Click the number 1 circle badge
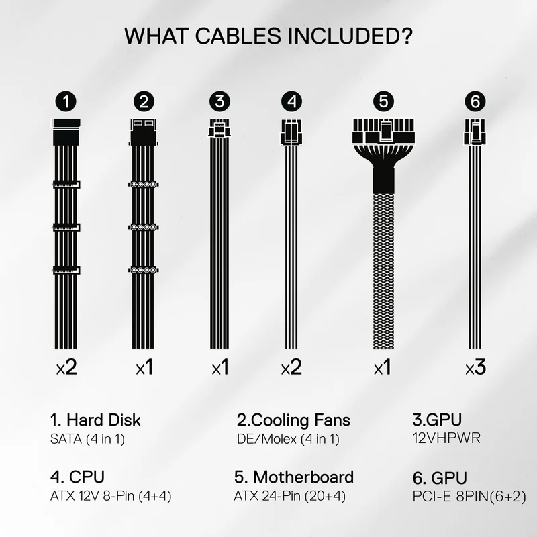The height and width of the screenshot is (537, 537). pos(66,101)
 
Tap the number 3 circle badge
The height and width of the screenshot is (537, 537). pos(219,101)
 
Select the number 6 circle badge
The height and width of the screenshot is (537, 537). pos(475,101)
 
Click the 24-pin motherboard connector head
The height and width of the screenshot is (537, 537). pos(383,131)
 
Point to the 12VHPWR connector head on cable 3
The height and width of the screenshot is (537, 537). pos(219,128)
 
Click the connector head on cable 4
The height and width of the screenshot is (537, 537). pos(291,132)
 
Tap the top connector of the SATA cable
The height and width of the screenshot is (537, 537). pos(66,132)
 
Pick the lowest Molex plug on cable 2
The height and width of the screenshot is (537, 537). pos(144,271)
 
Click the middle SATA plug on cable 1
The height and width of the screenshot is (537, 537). pos(66,228)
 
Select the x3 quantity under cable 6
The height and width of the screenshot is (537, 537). pos(475,367)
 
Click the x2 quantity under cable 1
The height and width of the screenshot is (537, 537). pos(66,367)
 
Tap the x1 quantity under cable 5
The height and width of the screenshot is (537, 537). pos(383,367)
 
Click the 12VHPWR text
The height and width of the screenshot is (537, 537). pos(446,438)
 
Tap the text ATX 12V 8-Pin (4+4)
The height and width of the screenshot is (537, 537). pos(111,496)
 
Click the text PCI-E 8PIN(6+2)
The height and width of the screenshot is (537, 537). pos(469,496)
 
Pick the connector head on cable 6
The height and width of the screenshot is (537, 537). pos(475,132)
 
